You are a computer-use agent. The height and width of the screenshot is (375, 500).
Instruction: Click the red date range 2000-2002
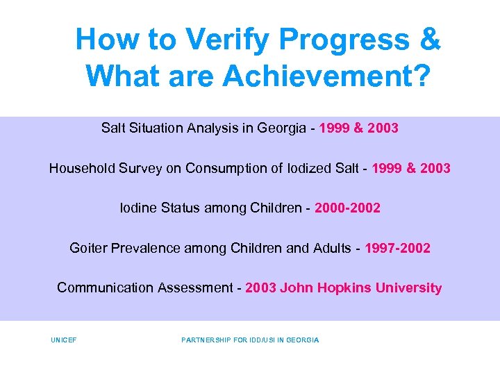pyautogui.click(x=347, y=208)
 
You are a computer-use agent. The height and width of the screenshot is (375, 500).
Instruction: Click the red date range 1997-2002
pyautogui.click(x=397, y=248)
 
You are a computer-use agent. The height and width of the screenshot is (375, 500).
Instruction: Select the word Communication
pyautogui.click(x=101, y=287)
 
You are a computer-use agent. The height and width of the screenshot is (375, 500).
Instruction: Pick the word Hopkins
pyautogui.click(x=342, y=287)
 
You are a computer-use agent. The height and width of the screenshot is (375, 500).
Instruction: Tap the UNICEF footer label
pyautogui.click(x=63, y=340)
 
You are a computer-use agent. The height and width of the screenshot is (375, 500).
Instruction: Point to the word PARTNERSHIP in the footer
pyautogui.click(x=207, y=340)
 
